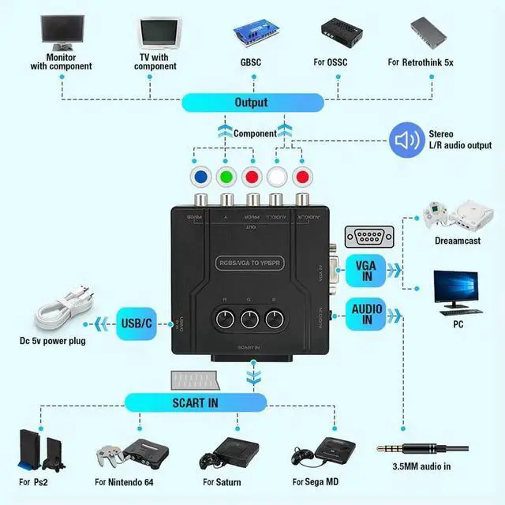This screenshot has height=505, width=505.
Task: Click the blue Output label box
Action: tap(252, 103)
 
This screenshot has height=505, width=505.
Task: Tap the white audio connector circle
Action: tap(277, 175)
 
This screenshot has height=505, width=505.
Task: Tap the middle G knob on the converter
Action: tap(252, 320)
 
